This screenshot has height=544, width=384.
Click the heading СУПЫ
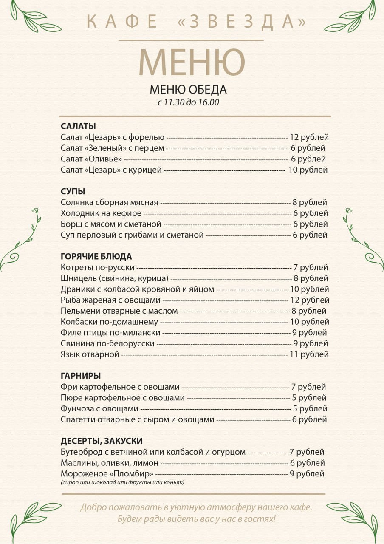coord(73,191)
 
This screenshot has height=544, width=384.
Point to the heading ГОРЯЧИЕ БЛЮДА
coord(96,257)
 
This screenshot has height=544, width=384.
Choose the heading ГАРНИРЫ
coord(81,376)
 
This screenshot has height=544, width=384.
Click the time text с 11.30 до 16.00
coord(188,102)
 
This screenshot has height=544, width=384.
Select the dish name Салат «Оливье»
coord(91,159)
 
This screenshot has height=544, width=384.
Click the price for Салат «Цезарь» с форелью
coord(309,137)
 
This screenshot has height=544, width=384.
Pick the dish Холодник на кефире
coord(101,213)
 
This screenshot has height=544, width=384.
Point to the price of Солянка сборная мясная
coord(310,203)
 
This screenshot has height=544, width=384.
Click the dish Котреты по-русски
coord(97,268)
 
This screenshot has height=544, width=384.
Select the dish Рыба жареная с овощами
coord(110,300)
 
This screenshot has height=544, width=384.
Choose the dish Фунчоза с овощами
coord(99,409)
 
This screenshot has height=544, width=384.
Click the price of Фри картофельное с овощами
coord(308,387)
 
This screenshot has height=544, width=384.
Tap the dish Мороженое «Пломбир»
coord(107,474)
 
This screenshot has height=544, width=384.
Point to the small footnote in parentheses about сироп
coord(122,483)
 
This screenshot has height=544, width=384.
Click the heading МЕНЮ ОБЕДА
coord(188,90)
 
